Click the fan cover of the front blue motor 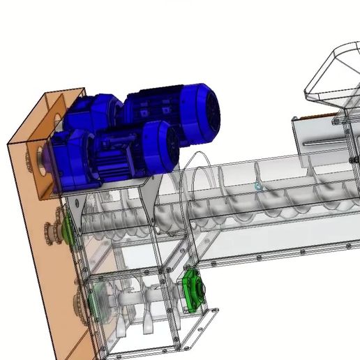[165, 145]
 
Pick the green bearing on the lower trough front [192, 290]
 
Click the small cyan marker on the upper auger [257, 186]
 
